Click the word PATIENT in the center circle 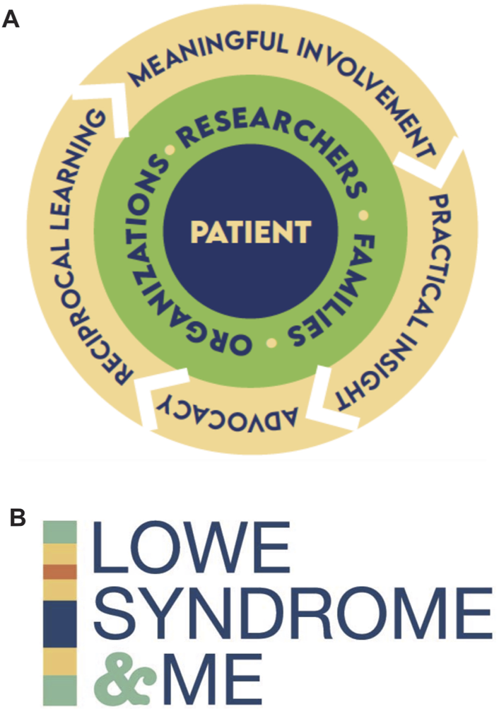coord(251,231)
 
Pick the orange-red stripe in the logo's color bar coord(59,571)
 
